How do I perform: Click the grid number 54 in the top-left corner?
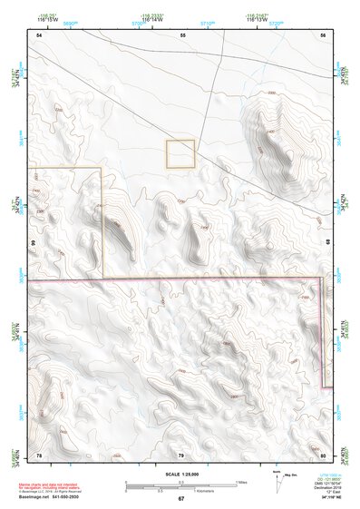(39, 34)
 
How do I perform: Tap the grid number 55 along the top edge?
(182, 34)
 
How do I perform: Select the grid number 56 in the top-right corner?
(324, 34)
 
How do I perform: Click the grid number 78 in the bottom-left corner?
(39, 454)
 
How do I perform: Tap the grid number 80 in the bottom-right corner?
(324, 454)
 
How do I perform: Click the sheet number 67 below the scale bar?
(180, 499)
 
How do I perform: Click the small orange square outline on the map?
(180, 153)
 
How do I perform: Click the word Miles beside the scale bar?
(240, 481)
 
